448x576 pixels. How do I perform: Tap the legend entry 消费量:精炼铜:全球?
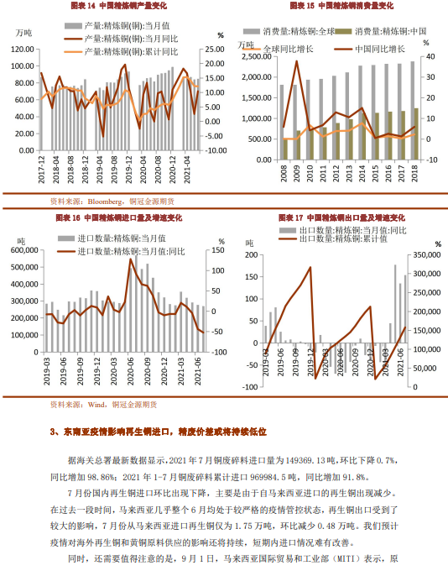(289, 29)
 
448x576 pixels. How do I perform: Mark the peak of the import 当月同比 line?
(131, 259)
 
